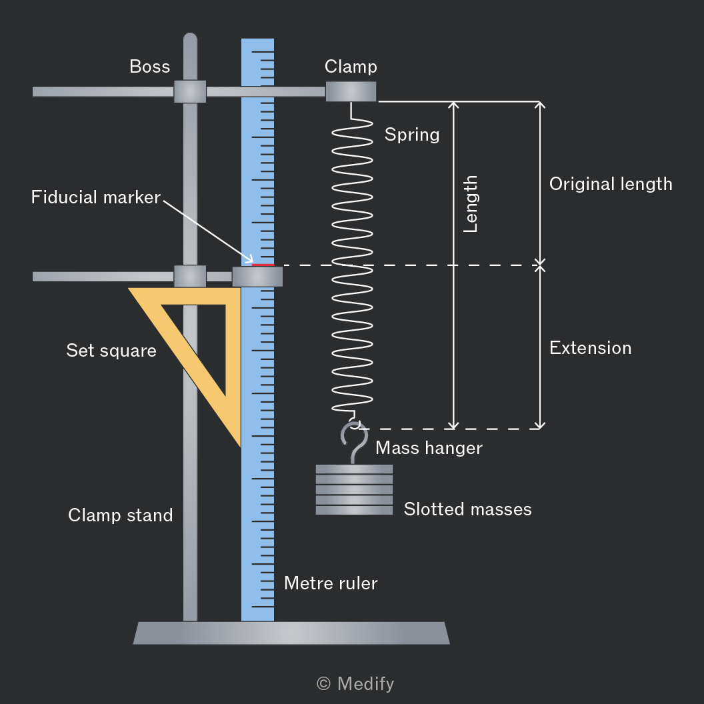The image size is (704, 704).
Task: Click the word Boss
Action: coord(150,67)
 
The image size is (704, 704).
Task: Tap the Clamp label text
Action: coord(351,67)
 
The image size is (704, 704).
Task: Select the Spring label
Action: coord(412,135)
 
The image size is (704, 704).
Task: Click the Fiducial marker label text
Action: coord(95,197)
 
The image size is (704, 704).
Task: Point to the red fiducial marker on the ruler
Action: coord(263,265)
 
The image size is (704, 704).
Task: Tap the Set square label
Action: coord(111,351)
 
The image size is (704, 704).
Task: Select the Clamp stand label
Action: coord(120,515)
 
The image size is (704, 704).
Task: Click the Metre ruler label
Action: coord(331,583)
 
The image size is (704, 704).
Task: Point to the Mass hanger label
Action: coord(429,447)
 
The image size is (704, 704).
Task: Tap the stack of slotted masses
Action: coord(354,490)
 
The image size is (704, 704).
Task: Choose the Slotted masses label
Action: coord(467,509)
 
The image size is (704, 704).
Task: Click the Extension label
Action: coord(591,348)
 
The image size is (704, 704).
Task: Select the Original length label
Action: coord(611,184)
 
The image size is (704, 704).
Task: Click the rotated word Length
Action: coord(470,204)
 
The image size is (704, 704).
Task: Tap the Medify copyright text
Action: coord(355,684)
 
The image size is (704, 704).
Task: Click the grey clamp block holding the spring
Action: coord(351,91)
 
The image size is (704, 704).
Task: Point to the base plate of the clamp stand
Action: coord(291,633)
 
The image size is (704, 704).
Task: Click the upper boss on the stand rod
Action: coord(190,91)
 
